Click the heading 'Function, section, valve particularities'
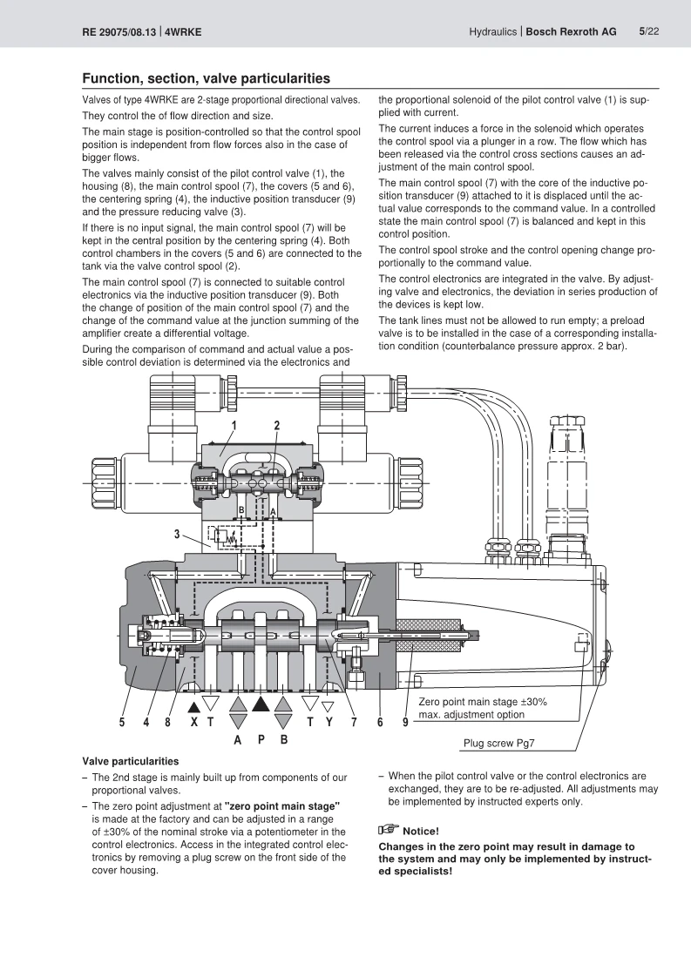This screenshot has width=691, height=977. [207, 78]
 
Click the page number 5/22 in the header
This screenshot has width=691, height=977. [648, 31]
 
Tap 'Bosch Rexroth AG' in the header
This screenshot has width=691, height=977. [571, 31]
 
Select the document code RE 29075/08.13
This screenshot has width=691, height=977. [119, 31]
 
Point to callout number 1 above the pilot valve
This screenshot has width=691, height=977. [234, 426]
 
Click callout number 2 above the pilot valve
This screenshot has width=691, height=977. [277, 426]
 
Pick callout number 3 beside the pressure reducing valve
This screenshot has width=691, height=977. [177, 534]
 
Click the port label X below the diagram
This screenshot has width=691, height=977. [194, 722]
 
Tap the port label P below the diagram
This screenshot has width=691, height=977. [261, 739]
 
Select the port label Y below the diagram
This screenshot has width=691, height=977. [329, 722]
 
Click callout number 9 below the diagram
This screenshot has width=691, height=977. [405, 722]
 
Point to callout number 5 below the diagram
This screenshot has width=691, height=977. [122, 722]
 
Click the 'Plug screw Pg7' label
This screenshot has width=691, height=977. [498, 743]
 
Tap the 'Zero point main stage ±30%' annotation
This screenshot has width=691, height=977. [483, 702]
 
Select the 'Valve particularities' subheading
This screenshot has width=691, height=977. [131, 761]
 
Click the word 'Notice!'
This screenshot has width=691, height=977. [421, 832]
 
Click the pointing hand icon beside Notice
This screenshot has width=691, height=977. [389, 829]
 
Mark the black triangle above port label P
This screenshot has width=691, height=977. [261, 704]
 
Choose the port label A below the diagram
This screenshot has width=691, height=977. [238, 739]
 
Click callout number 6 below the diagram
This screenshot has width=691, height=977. [380, 722]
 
